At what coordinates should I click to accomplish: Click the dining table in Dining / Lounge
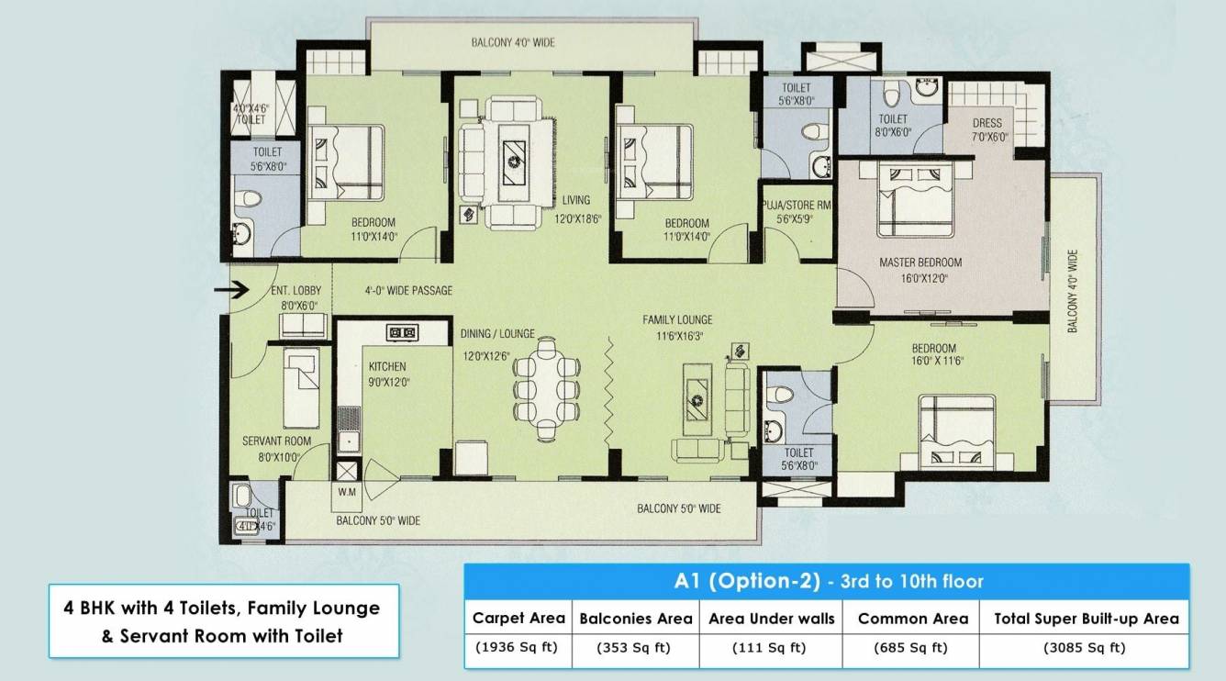pos(546,377)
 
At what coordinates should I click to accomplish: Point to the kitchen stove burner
pos(402,332)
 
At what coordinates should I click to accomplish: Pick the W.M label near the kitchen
pos(346,492)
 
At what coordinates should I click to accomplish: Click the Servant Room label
pos(276,441)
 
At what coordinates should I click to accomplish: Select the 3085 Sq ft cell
pos(1084,648)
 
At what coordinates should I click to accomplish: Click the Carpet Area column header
pos(518,618)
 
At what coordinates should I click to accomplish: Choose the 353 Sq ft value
pos(634,648)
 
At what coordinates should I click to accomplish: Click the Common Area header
pos(912,619)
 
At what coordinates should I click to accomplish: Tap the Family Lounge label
pos(677,319)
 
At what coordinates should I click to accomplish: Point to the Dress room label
pos(986,123)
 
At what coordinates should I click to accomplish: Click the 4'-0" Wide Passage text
pos(408,291)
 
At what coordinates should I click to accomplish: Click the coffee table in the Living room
pos(512,162)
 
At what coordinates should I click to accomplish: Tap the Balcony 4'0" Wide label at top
pos(513,42)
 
